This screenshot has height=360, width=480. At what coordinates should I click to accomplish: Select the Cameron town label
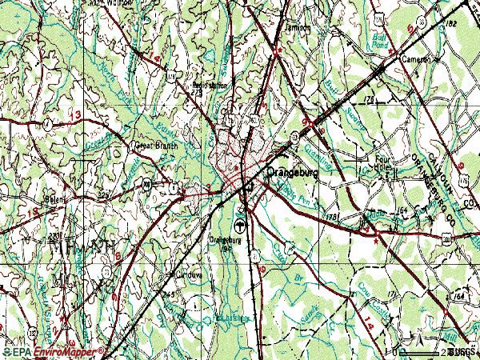click(x=417, y=59)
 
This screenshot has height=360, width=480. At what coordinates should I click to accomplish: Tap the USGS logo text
click(x=462, y=351)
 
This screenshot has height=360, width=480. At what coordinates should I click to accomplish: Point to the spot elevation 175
click(x=370, y=98)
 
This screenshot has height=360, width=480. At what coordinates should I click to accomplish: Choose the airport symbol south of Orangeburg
click(x=240, y=223)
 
